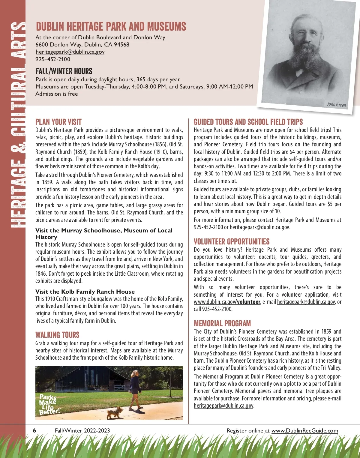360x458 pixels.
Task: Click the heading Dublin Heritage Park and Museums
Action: pyautogui.click(x=111, y=27)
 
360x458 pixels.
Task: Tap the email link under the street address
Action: pyautogui.click(x=70, y=52)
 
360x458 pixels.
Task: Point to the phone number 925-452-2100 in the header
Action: pyautogui.click(x=53, y=59)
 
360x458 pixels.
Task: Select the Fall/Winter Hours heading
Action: pyautogui.click(x=64, y=71)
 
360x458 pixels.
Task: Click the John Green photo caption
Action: pyautogui.click(x=336, y=104)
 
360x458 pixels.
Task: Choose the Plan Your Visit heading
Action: pyautogui.click(x=58, y=122)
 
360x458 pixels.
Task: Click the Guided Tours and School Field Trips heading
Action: pyautogui.click(x=248, y=122)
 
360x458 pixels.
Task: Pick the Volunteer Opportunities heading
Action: pyautogui.click(x=232, y=242)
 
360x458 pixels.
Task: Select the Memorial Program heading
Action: pyautogui.click(x=222, y=324)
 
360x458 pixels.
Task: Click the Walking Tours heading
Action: pyautogui.click(x=57, y=335)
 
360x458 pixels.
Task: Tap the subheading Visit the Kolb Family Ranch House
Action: pyautogui.click(x=85, y=292)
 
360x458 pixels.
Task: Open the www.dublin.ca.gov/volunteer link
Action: pyautogui.click(x=227, y=302)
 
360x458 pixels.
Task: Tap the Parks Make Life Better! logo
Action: pyautogui.click(x=49, y=404)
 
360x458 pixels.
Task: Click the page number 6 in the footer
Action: pyautogui.click(x=34, y=431)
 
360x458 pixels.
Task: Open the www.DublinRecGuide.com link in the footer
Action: pyautogui.click(x=304, y=431)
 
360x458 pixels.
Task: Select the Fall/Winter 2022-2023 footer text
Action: pyautogui.click(x=82, y=431)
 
